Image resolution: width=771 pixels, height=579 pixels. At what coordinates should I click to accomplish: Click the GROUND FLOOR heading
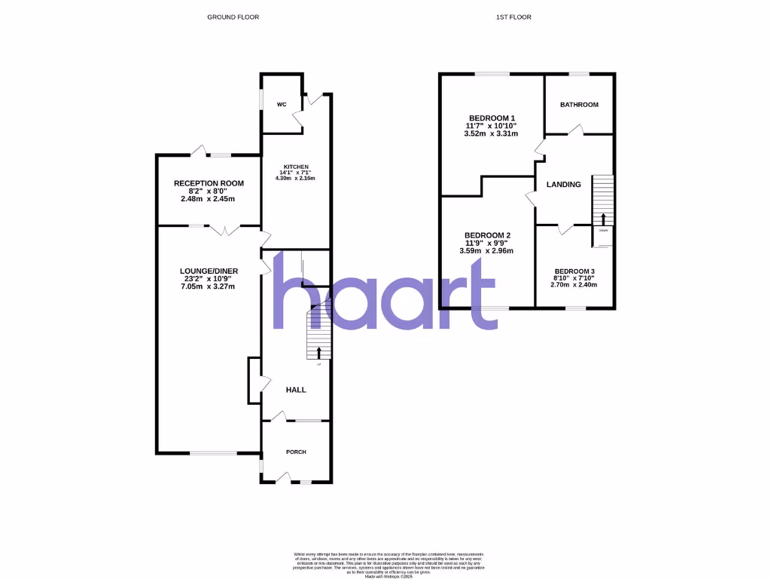coord(233,17)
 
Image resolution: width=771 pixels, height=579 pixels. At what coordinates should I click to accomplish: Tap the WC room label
coord(281,104)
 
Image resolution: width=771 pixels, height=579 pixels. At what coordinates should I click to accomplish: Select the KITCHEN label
coord(296,167)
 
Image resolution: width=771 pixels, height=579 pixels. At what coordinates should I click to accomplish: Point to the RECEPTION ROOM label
coord(209,183)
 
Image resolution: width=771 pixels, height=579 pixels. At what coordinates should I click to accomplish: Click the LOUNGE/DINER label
coord(209,271)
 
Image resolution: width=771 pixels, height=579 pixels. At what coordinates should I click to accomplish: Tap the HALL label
coord(295,390)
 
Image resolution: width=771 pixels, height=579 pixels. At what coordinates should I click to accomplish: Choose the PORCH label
coord(296,452)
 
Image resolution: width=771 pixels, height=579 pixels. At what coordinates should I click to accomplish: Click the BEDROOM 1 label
coord(492,118)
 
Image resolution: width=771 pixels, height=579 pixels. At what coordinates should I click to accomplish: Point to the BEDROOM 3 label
coord(574,271)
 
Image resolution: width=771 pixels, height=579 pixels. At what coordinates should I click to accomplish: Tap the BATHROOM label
coord(579,105)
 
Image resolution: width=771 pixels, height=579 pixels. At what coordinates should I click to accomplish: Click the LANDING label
coord(563,185)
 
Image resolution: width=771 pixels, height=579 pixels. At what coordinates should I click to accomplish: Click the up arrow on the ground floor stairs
coord(318,352)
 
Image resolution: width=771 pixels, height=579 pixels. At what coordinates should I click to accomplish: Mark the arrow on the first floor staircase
coord(603,219)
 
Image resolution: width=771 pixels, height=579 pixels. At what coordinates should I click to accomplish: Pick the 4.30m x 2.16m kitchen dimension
coord(296,178)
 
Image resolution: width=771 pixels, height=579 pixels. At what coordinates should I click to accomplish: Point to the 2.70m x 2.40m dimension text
coord(574,285)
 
